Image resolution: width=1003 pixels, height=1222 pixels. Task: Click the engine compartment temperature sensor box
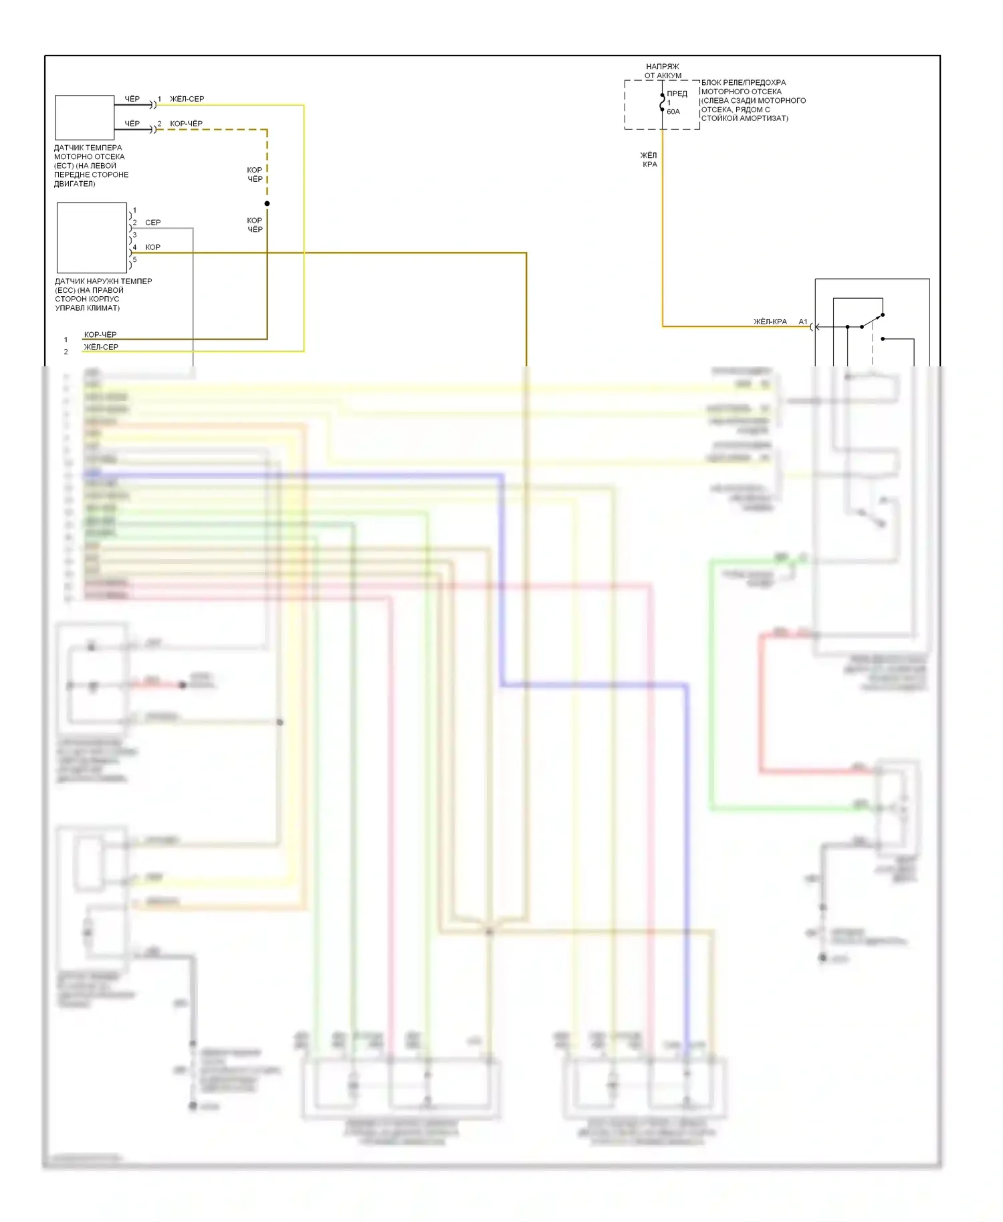84,118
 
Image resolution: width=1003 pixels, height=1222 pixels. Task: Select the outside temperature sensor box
92,237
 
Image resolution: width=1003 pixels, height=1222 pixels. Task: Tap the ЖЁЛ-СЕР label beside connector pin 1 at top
187,99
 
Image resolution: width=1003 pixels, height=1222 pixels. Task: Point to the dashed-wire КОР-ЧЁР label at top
186,124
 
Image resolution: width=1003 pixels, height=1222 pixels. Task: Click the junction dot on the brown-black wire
267,203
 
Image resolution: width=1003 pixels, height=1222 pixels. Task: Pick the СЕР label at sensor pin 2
152,223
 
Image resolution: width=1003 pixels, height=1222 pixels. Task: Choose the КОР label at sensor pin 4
152,247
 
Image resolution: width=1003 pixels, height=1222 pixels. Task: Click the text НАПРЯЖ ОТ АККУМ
663,71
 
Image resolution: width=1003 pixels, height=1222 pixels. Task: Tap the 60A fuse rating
673,112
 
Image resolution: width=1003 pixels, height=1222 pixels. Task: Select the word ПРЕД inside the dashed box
677,94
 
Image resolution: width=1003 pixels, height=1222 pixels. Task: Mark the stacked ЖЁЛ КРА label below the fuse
649,160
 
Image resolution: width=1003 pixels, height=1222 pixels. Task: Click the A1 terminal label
803,322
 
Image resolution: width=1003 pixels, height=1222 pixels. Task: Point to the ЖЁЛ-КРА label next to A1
770,322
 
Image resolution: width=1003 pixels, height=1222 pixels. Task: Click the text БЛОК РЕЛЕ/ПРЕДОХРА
744,83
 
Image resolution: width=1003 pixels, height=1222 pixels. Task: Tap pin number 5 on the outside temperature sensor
134,259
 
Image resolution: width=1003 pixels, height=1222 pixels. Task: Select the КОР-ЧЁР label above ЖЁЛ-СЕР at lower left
100,334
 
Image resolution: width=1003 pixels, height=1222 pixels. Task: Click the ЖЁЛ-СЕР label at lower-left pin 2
101,347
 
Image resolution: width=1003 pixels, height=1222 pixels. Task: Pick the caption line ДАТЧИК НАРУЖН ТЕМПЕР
103,281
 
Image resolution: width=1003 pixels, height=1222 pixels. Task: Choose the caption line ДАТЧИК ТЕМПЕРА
88,148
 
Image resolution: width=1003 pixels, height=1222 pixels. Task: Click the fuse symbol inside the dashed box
662,104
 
